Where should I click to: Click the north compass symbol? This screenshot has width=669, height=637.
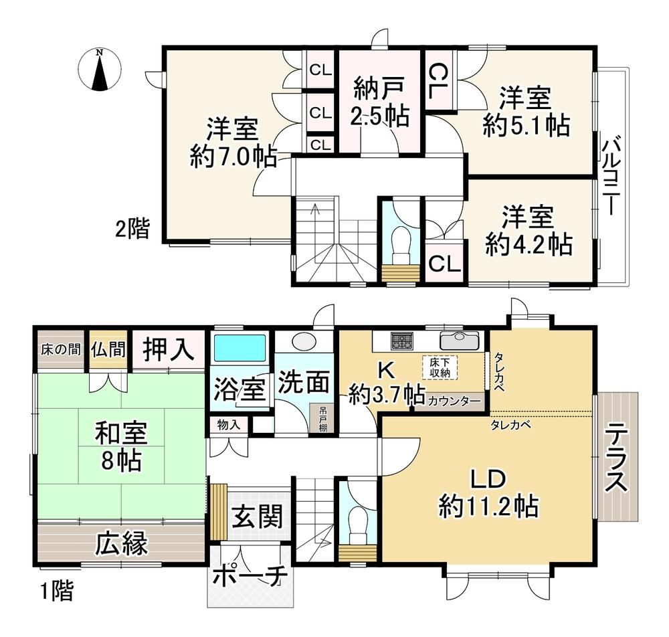tap(100, 70)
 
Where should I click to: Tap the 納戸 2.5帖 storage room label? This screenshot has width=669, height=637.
tap(380, 103)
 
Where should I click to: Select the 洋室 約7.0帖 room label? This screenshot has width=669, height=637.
tap(233, 143)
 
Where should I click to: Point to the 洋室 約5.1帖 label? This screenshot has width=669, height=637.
tap(526, 111)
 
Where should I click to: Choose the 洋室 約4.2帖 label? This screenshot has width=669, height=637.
tap(529, 230)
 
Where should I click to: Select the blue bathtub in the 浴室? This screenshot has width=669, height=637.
tap(240, 348)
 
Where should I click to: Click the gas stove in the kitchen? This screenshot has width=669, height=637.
tap(401, 341)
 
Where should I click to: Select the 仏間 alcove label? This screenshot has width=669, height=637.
tap(108, 349)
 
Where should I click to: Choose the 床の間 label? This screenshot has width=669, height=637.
tap(61, 350)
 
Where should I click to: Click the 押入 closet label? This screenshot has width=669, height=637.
tap(169, 349)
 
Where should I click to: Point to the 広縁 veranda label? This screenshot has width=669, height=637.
tap(121, 543)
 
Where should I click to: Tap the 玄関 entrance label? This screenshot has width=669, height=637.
tap(258, 517)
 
